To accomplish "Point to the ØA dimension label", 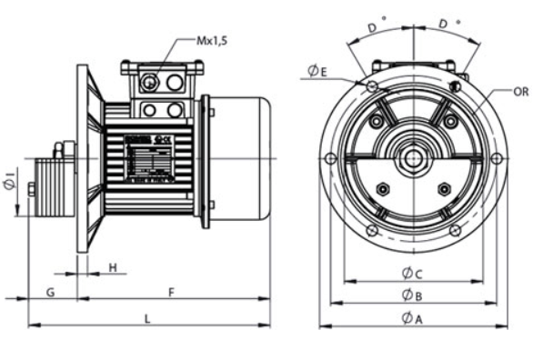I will (412, 318).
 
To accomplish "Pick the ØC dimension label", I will (412, 272).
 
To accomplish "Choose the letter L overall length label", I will (148, 317).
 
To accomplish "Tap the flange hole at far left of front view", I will (329, 159).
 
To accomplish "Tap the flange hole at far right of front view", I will (496, 159).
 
